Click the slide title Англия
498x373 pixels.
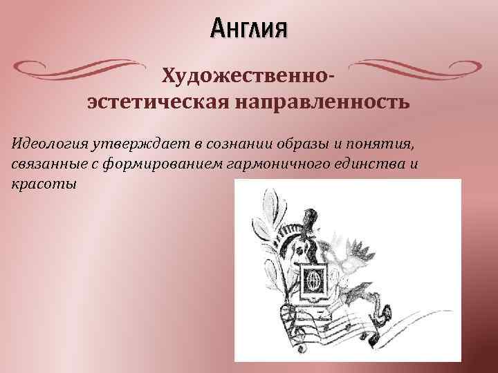(248, 30)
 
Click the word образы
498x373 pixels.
(303, 142)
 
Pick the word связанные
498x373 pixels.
(44, 164)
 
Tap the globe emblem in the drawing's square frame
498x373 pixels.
(312, 282)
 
